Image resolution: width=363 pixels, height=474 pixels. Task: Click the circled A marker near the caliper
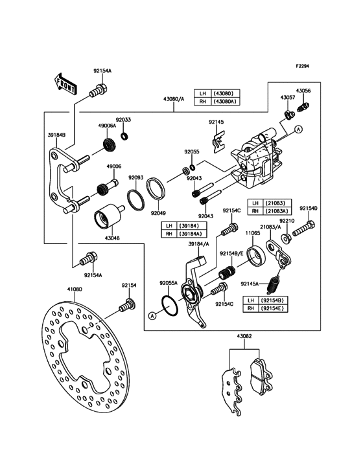pos(298,130)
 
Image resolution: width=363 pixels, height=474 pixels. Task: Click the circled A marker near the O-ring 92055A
pos(152,316)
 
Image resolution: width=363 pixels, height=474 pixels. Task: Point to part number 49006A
pos(107,126)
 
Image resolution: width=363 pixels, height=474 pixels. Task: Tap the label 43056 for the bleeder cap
pos(303,91)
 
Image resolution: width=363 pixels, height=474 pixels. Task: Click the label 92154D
pos(309,208)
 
